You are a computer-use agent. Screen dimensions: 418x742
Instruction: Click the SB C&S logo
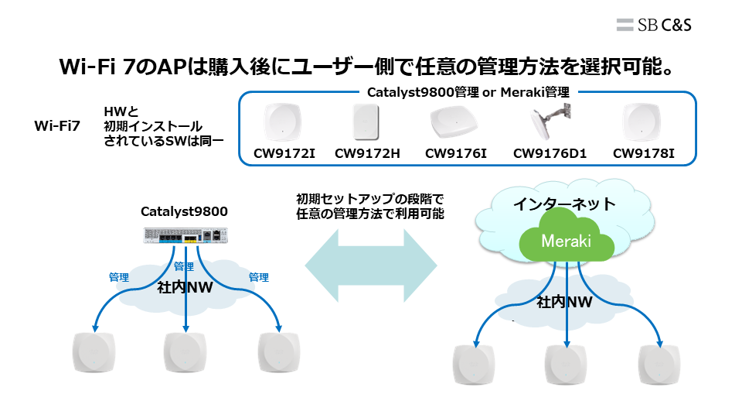point(654,24)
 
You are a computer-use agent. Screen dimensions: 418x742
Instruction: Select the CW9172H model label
point(367,153)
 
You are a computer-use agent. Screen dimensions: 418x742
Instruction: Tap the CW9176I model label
point(455,153)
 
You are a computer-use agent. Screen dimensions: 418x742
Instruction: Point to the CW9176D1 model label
point(550,153)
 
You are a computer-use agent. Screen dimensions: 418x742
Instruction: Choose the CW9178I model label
point(644,153)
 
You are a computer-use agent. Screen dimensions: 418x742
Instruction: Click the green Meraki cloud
point(566,242)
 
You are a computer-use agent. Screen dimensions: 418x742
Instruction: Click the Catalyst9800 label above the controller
point(184,211)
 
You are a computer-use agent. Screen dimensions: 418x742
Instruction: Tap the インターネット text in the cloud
point(567,204)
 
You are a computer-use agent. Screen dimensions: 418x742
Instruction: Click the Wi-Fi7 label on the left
point(57,125)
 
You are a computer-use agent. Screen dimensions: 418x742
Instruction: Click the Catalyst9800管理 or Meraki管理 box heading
point(468,92)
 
